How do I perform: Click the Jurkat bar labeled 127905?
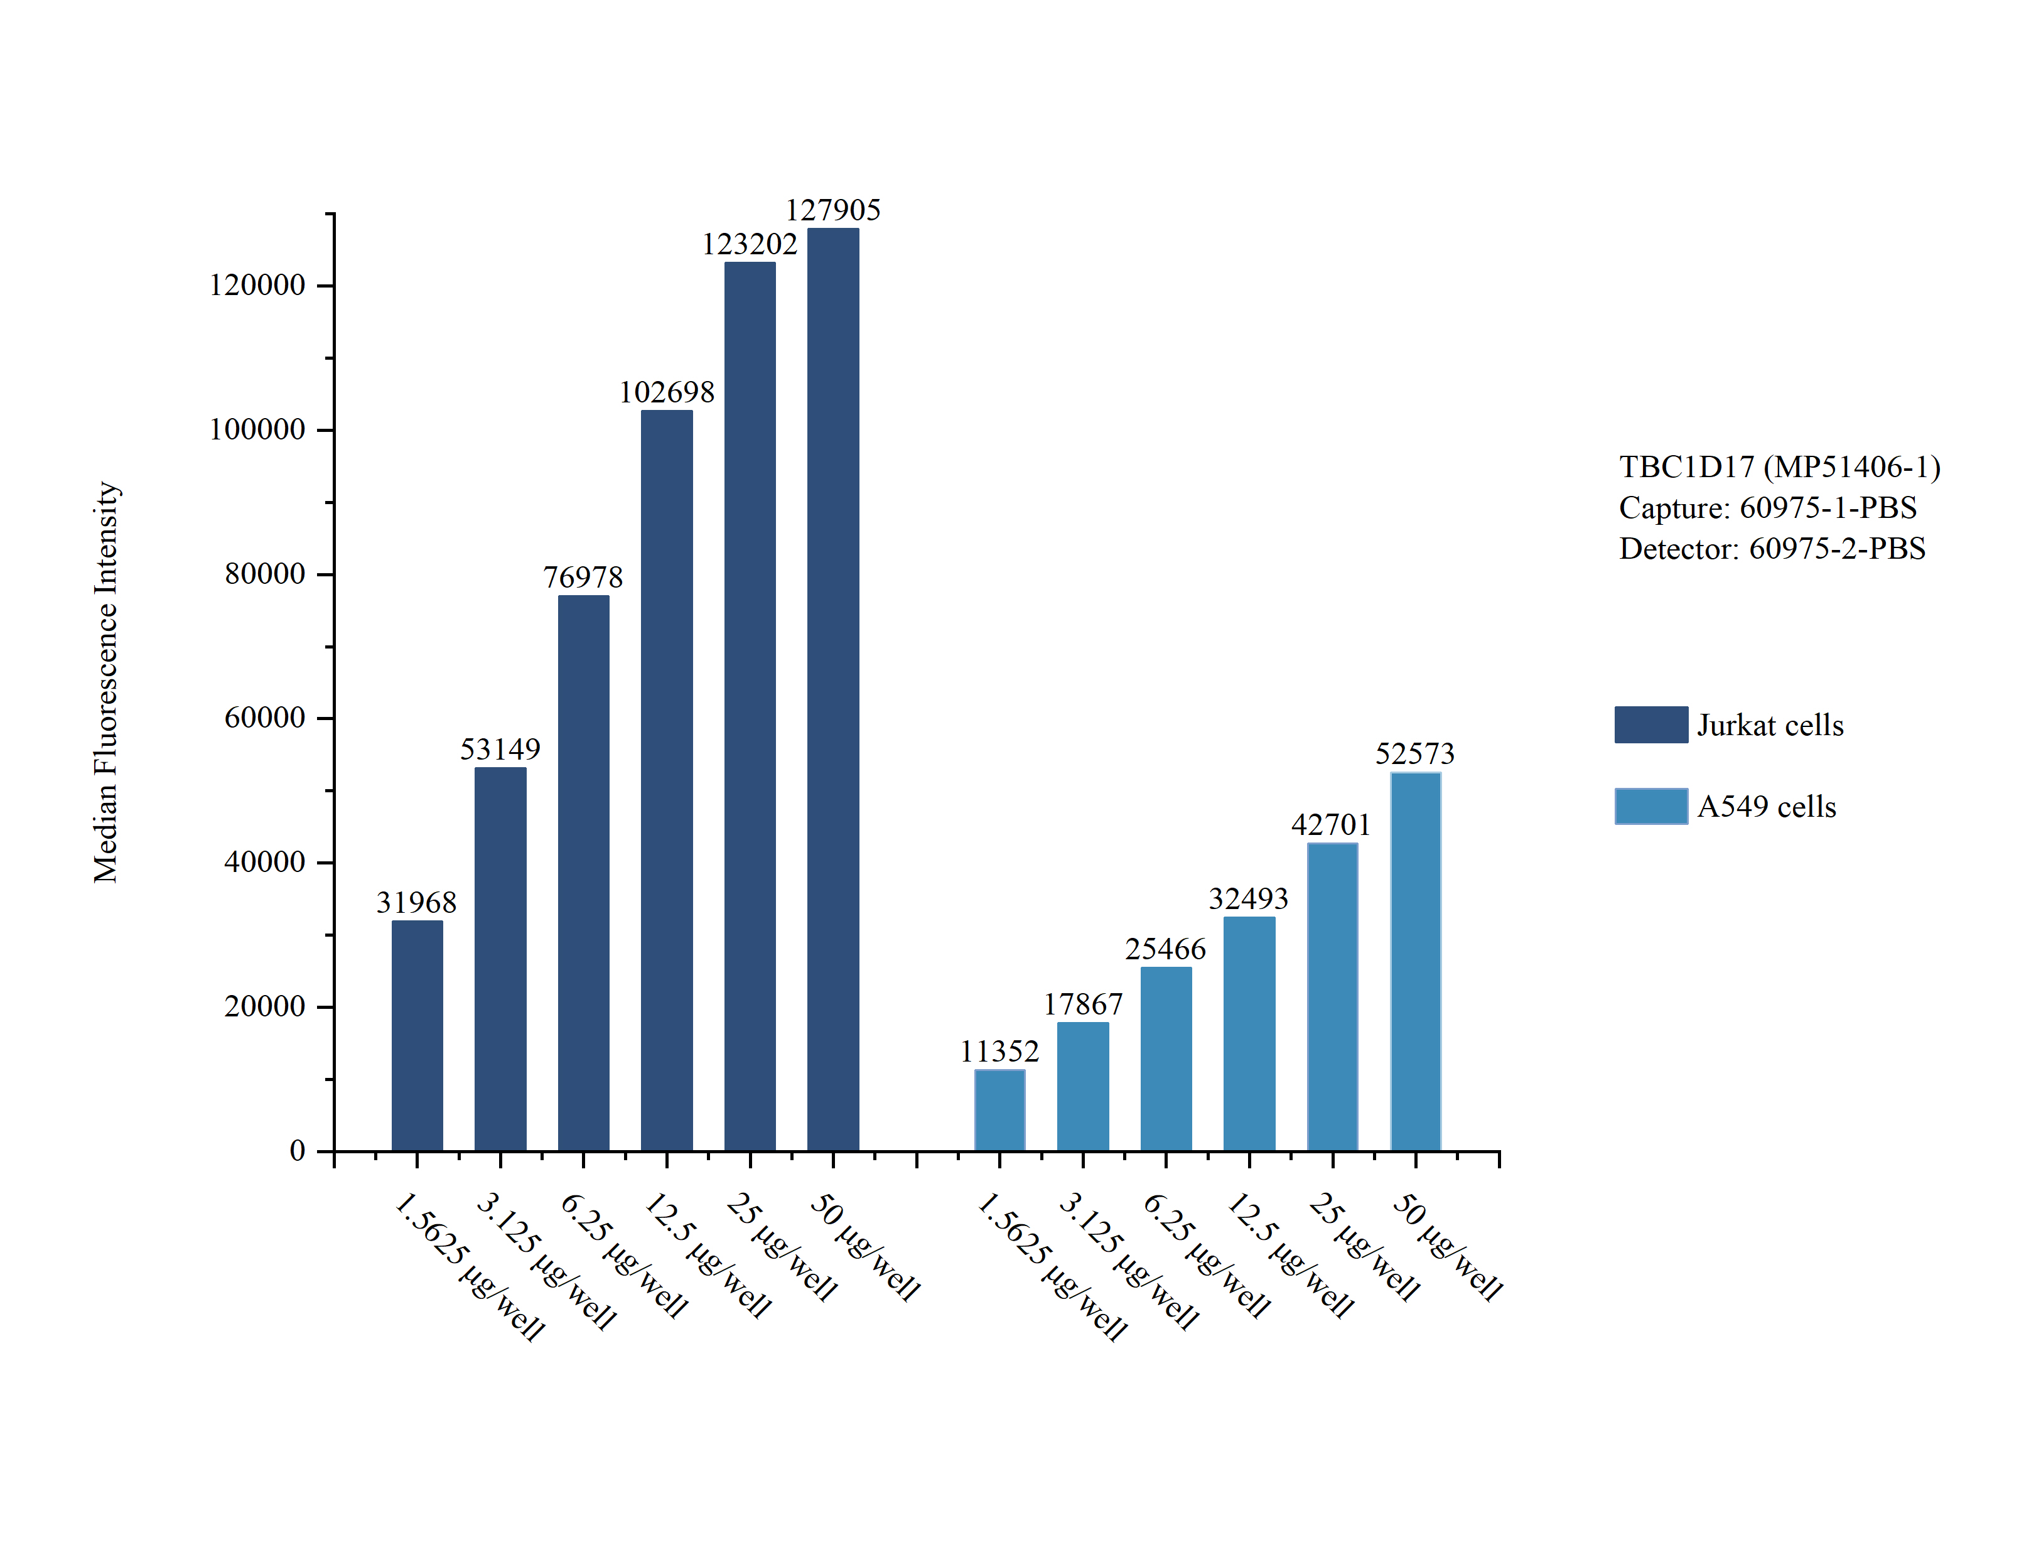click(833, 690)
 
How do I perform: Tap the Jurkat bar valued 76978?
click(583, 874)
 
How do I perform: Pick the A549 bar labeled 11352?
click(999, 1110)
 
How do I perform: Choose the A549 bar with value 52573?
click(1415, 962)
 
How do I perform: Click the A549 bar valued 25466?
click(1166, 1058)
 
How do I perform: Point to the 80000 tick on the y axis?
click(265, 574)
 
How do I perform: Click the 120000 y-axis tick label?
click(257, 285)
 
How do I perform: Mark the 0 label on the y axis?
click(297, 1151)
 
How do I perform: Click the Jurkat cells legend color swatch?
click(1650, 724)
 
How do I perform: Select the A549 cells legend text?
click(1766, 807)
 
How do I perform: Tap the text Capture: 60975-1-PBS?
click(1767, 508)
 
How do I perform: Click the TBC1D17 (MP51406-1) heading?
click(1779, 467)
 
